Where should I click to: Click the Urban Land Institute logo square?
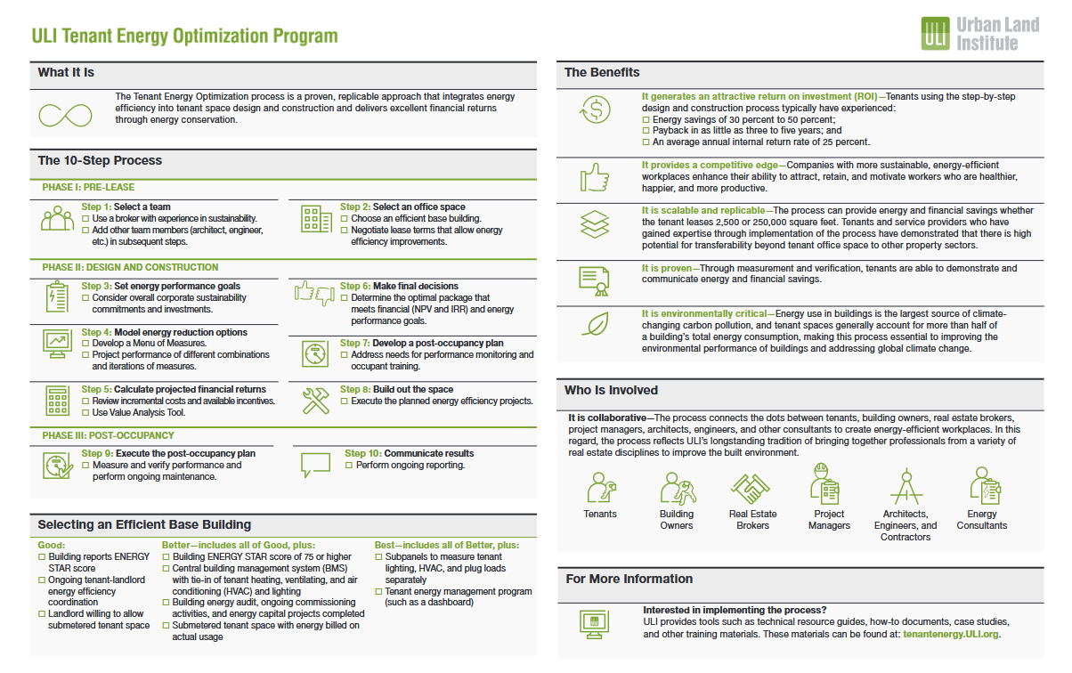pos(935,33)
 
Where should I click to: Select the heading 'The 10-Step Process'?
pos(100,161)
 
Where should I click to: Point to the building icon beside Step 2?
pos(315,219)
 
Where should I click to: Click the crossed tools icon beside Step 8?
pos(315,401)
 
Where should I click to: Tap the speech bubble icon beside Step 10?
pos(315,464)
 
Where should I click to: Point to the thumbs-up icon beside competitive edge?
pos(594,176)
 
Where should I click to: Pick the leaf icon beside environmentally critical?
pos(594,324)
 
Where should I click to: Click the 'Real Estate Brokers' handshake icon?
pos(751,488)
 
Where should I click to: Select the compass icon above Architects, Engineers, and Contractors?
pos(906,486)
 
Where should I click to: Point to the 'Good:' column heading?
pos(52,545)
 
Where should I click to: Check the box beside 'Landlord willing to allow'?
pos(42,614)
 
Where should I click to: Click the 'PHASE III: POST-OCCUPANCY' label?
pos(108,436)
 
